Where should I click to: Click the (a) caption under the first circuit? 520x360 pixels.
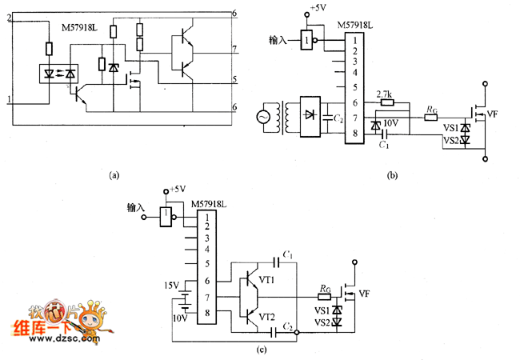point(113,173)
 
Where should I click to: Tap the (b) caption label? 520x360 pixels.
point(392,174)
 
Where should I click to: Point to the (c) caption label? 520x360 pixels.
point(262,349)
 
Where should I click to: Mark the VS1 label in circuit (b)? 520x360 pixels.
point(450,127)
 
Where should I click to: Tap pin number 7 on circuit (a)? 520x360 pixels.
point(234,50)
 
